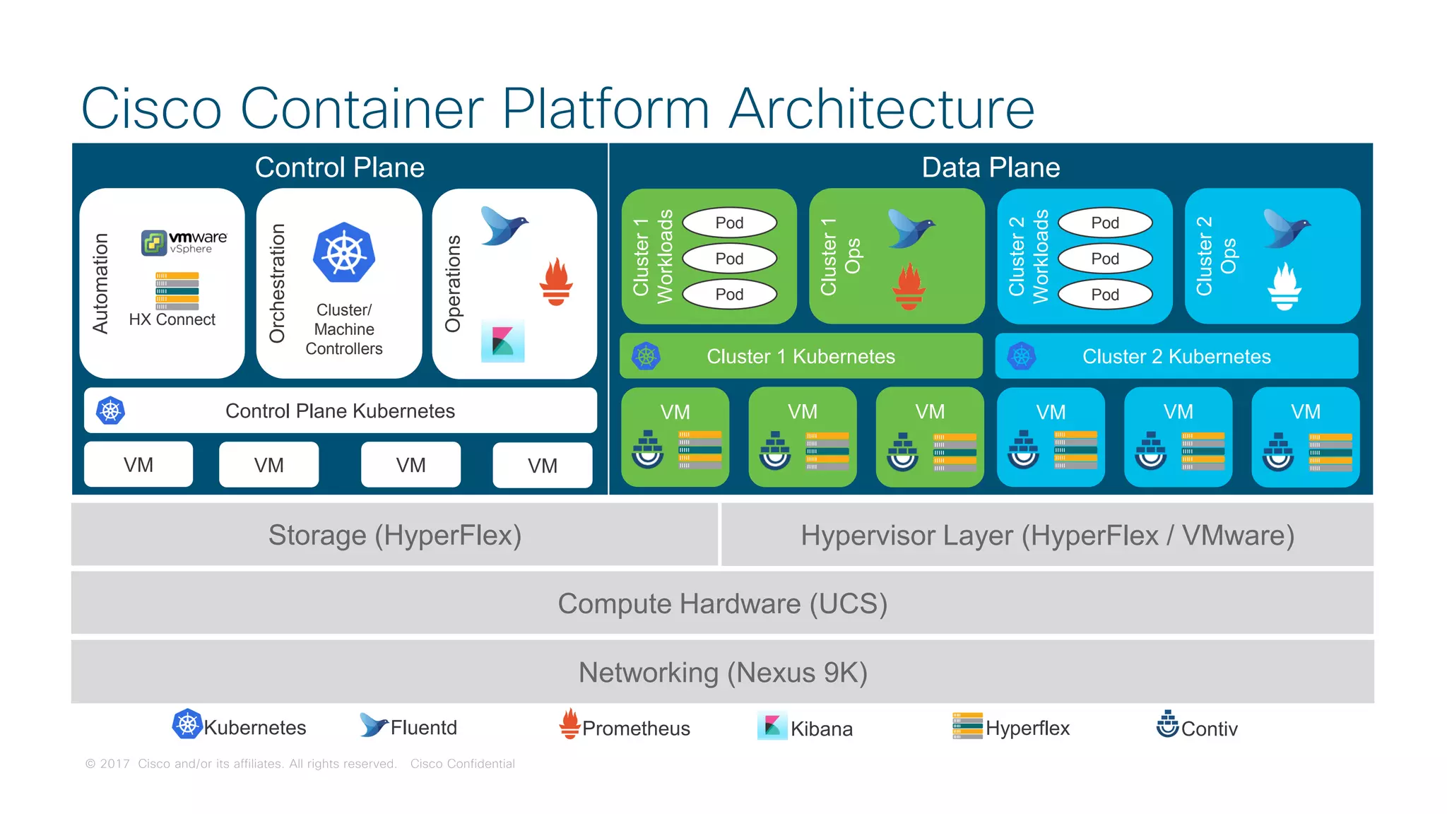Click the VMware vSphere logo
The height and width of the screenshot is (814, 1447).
coord(184,242)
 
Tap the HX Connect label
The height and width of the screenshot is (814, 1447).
coord(172,319)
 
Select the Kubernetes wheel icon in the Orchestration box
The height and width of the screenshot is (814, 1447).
coord(344,253)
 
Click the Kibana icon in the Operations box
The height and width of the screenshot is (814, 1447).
coord(502,341)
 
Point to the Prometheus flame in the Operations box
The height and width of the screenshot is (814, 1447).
coord(556,282)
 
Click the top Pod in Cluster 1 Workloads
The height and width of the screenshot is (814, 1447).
coord(729,223)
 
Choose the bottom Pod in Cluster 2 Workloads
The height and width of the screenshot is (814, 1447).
coord(1105,295)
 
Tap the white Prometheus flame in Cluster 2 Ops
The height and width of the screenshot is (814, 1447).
coord(1284,286)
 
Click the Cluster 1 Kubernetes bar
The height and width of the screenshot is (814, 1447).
coord(801,356)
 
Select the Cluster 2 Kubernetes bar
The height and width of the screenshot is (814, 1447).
coord(1176,356)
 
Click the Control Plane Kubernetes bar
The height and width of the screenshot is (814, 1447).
coord(340,411)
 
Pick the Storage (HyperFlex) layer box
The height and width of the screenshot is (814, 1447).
coord(394,535)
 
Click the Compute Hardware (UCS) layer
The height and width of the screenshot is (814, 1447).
coord(722,603)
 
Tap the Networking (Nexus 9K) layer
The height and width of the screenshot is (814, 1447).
coord(722,672)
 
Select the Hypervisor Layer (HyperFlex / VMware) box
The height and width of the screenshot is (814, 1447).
coord(1047,535)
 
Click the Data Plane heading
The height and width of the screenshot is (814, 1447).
coord(991,167)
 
